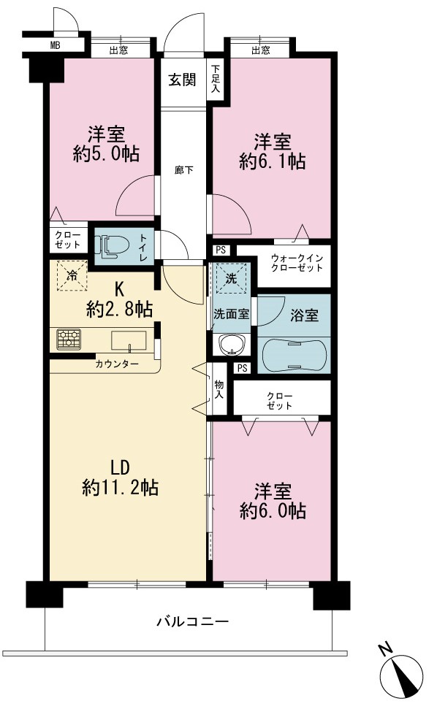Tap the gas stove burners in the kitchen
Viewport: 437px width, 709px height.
click(x=69, y=339)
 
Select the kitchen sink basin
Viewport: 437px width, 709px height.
click(x=129, y=341)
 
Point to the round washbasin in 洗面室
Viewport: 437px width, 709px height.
click(x=232, y=345)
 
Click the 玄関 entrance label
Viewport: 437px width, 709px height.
click(x=182, y=80)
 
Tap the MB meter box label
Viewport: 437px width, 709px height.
click(x=56, y=45)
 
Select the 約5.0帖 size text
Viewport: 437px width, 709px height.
click(x=106, y=154)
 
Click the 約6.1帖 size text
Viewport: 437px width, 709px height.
click(x=272, y=161)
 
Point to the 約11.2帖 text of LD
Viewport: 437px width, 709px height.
click(x=121, y=488)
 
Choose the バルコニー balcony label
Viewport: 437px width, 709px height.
click(x=193, y=621)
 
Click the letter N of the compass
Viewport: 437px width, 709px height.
click(x=385, y=650)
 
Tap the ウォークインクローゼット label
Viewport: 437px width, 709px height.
click(x=297, y=263)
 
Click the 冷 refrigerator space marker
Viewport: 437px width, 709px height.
click(x=72, y=274)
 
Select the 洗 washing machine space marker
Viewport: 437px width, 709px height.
click(x=231, y=278)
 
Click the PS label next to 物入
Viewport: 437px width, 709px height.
click(x=243, y=368)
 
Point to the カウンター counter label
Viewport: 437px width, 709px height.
click(x=117, y=364)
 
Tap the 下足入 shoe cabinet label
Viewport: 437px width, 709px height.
click(x=216, y=79)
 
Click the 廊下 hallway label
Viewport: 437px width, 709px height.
click(x=184, y=170)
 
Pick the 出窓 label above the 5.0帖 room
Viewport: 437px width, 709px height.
click(x=118, y=50)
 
